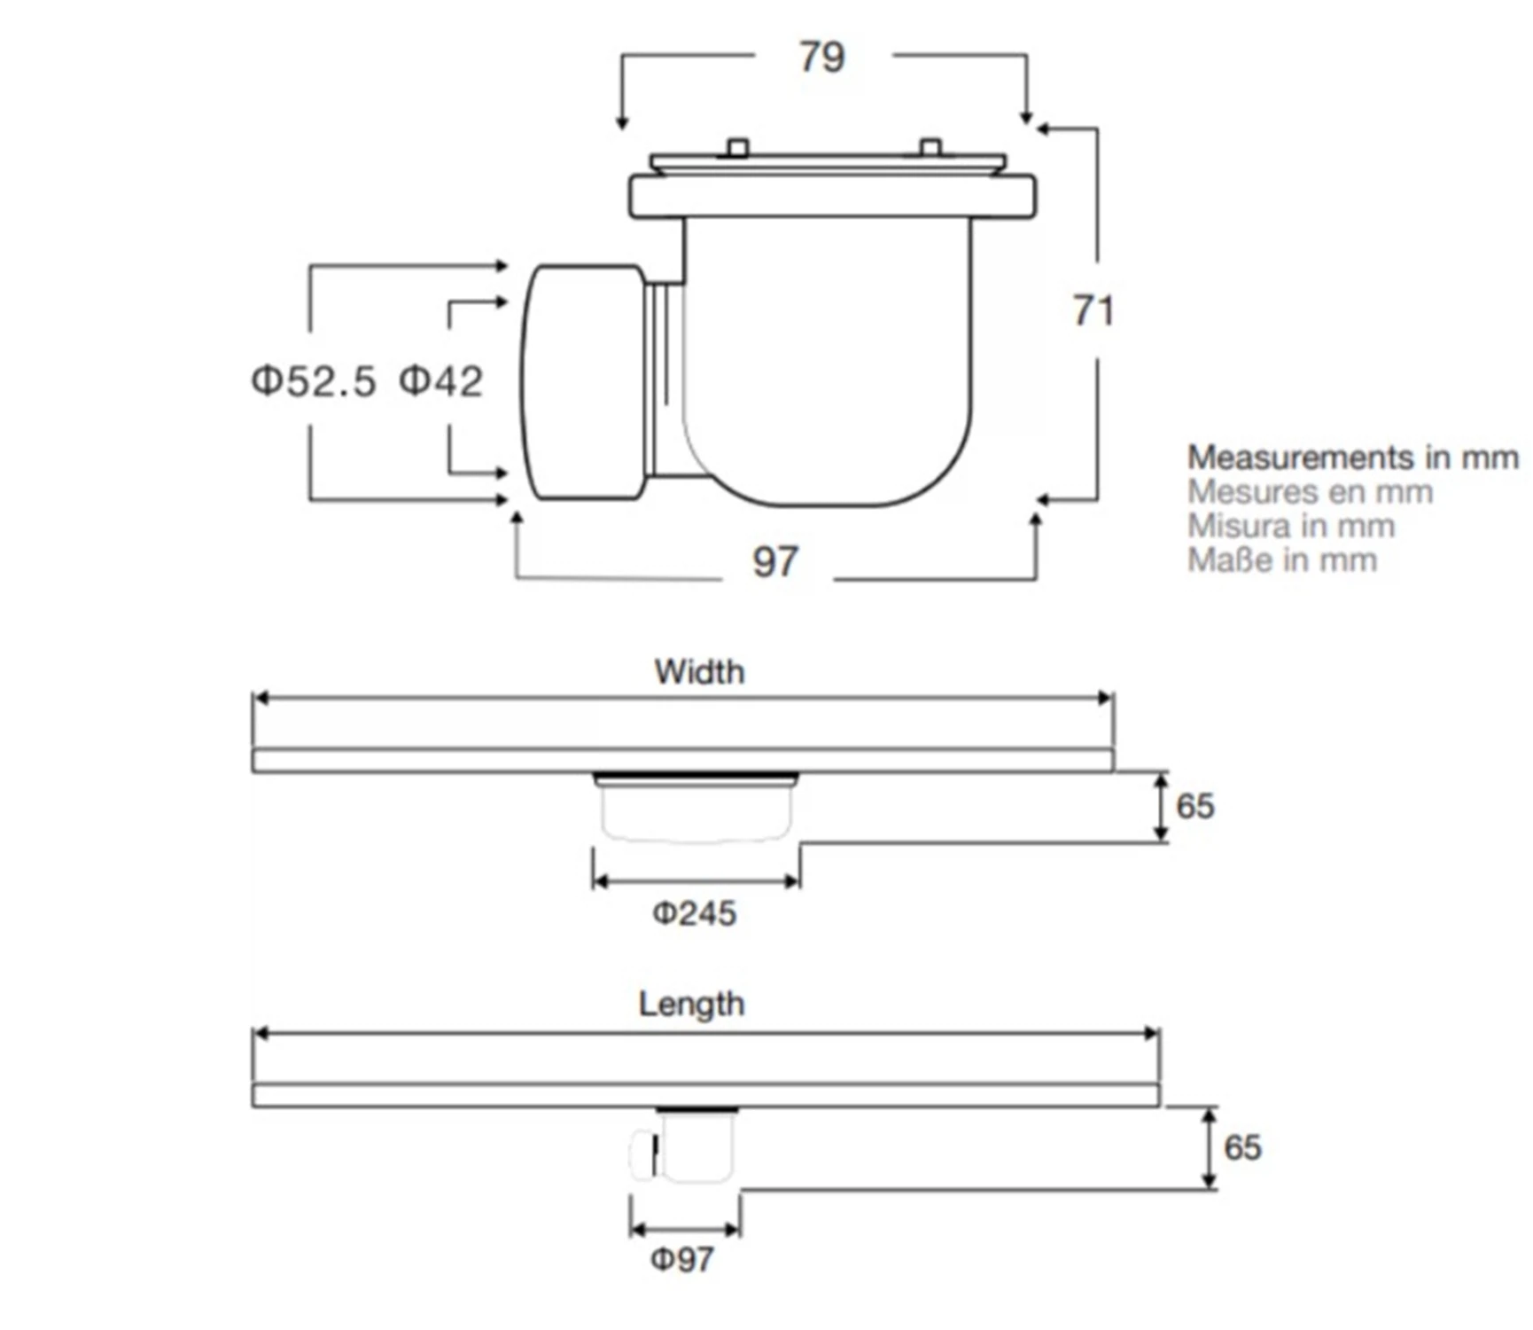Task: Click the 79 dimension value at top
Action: [x=822, y=58]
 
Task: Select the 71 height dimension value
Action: [x=1093, y=311]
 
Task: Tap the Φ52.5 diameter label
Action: [x=314, y=381]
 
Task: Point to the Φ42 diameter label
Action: [x=440, y=381]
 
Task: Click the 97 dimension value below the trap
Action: [x=775, y=562]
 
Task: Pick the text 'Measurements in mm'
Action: [x=1352, y=458]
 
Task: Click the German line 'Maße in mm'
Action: [x=1281, y=560]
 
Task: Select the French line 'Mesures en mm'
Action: [x=1310, y=492]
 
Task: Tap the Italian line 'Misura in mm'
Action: [x=1291, y=526]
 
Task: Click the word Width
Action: [x=699, y=672]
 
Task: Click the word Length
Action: [x=691, y=1005]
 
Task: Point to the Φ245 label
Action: [x=695, y=913]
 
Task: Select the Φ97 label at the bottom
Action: [x=682, y=1259]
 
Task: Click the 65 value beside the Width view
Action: [x=1194, y=806]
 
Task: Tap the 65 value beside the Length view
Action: [x=1242, y=1147]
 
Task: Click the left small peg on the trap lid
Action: [x=737, y=147]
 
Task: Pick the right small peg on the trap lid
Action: [x=930, y=147]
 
